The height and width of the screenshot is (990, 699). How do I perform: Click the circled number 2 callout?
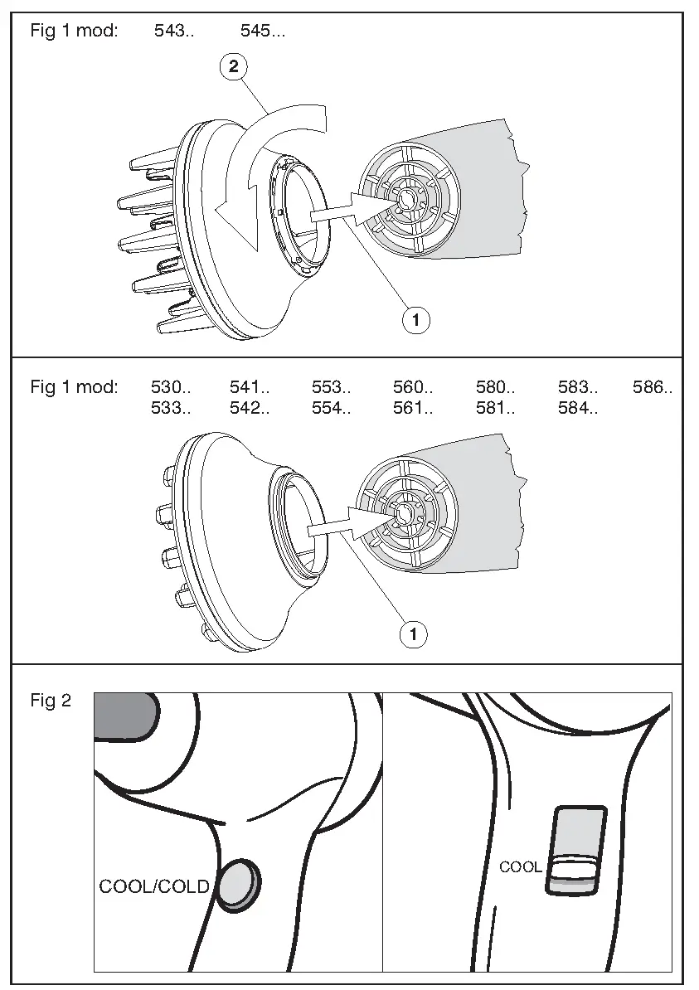[233, 67]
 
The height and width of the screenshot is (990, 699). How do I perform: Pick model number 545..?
[263, 32]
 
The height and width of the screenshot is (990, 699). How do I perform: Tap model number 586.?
[652, 387]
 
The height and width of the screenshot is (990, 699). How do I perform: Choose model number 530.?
[171, 387]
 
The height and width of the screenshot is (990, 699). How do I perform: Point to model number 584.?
[578, 408]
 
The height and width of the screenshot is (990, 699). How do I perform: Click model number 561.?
[413, 408]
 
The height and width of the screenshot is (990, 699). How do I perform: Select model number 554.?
[332, 408]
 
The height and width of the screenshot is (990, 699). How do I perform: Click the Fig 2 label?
[51, 701]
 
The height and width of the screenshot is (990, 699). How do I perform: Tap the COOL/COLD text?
[154, 886]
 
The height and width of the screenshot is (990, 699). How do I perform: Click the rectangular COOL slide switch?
[575, 849]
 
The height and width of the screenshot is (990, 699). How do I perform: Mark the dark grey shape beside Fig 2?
[125, 715]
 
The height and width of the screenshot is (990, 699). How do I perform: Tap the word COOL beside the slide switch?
[520, 867]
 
